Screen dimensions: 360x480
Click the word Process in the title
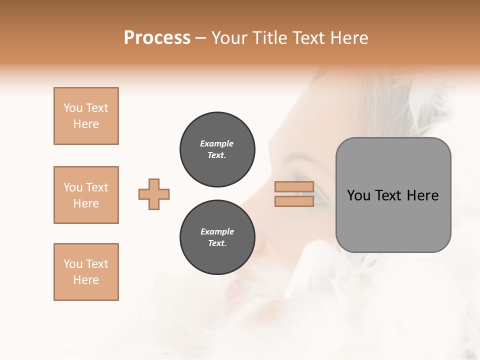tap(157, 38)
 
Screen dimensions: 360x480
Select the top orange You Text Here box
tap(86, 116)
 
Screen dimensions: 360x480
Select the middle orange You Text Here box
tap(86, 195)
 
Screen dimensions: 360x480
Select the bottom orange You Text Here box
tap(86, 272)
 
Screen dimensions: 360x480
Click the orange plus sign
tap(154, 194)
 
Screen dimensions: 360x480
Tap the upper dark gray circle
tap(217, 149)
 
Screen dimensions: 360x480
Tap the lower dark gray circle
tap(217, 237)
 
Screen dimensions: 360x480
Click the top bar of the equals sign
tap(294, 187)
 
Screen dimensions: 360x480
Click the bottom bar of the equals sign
tap(294, 201)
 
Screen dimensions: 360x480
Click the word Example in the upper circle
tap(217, 143)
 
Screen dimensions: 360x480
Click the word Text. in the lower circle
tap(217, 243)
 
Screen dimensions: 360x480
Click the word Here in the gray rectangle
tap(423, 195)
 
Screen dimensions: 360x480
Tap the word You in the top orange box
tap(72, 108)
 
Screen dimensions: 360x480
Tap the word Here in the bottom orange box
tap(86, 280)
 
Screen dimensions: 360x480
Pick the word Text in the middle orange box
tap(96, 187)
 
